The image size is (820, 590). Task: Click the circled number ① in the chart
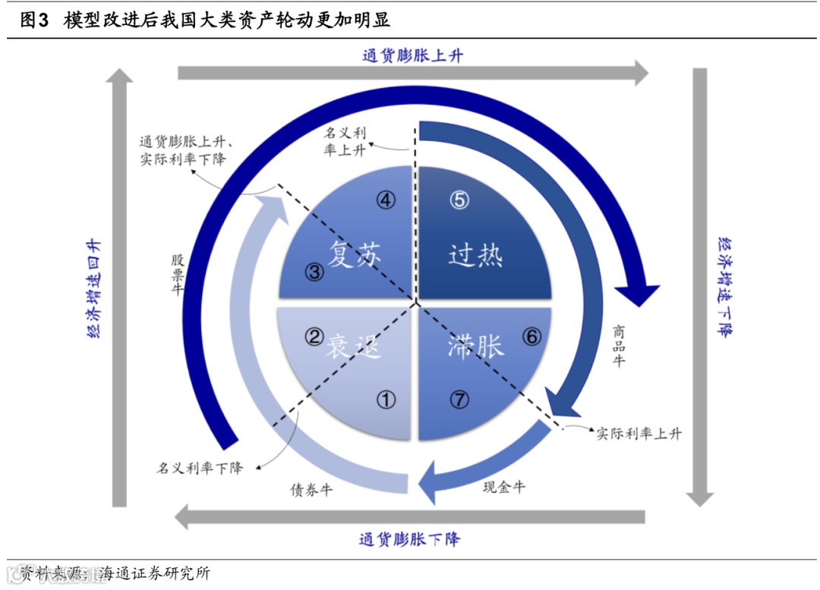click(x=386, y=400)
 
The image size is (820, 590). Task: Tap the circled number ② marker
click(x=314, y=336)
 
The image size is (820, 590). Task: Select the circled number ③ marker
click(x=314, y=272)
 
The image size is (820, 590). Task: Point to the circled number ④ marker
click(x=386, y=199)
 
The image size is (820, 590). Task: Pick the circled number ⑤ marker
click(x=459, y=199)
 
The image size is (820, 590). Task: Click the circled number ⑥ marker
click(x=532, y=336)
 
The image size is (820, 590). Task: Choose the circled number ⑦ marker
click(x=459, y=400)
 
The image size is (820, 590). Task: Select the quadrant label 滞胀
click(x=475, y=347)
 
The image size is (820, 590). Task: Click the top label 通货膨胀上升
click(x=412, y=55)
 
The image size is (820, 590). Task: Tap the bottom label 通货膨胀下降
click(x=409, y=540)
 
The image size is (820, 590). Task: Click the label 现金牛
click(x=504, y=487)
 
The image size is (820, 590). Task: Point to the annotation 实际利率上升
click(x=639, y=434)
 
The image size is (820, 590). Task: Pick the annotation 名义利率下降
click(x=200, y=467)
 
